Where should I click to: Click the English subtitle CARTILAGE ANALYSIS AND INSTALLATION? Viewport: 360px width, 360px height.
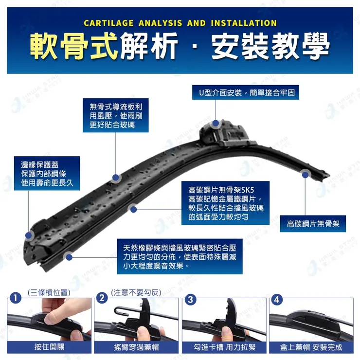180,23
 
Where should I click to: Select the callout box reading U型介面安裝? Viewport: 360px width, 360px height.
245,92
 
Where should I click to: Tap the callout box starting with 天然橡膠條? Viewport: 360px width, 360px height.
180,256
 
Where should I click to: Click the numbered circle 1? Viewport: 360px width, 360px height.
16,298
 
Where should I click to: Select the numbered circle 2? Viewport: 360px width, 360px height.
102,298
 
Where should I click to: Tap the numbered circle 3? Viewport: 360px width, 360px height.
190,298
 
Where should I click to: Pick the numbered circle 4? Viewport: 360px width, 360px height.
277,298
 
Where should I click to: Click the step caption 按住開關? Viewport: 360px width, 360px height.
49,347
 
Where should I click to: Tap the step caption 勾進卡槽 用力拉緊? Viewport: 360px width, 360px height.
224,347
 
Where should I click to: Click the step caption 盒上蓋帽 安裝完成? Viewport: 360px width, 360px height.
311,347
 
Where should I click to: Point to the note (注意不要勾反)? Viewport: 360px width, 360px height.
136,292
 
